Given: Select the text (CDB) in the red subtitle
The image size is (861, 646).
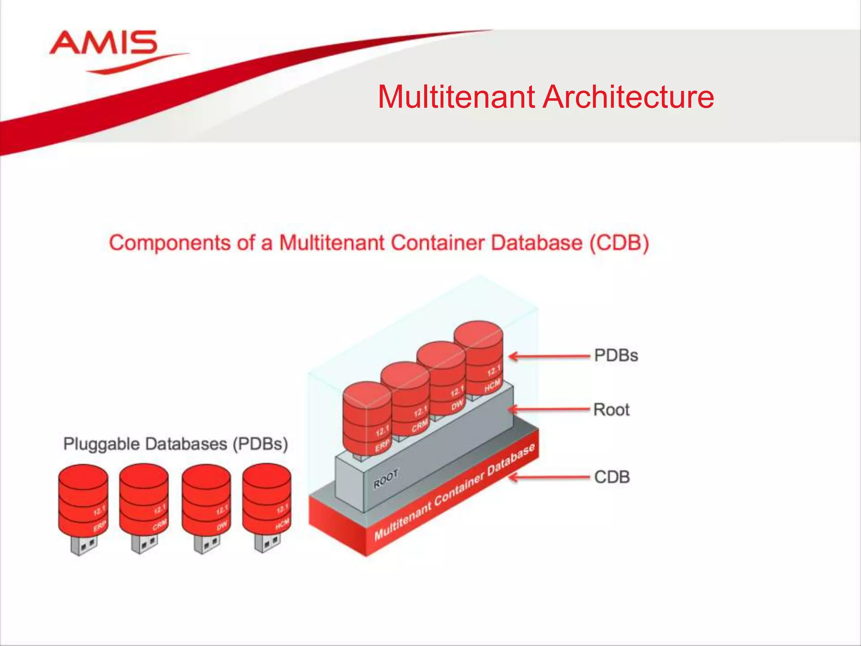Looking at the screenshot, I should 619,243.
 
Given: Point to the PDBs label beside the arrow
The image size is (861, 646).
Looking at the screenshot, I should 616,356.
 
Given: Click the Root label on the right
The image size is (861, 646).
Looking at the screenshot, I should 611,410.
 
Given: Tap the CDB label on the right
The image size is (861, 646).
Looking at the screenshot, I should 612,477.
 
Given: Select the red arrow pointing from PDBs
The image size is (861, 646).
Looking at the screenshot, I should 549,357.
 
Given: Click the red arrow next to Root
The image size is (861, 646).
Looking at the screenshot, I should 549,409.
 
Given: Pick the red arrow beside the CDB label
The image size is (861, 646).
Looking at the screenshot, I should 549,477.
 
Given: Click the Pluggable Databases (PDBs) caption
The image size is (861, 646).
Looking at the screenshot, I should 176,444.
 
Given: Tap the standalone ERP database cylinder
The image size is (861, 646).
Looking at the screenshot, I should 83,500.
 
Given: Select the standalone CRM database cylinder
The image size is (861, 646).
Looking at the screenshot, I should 144,500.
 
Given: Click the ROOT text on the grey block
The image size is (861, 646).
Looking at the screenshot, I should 386,479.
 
